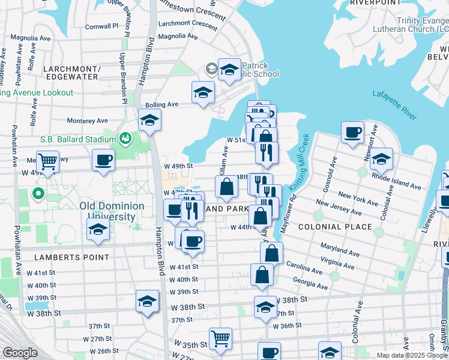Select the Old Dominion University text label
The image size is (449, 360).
[112, 211]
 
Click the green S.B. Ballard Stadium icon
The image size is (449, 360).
[125, 139]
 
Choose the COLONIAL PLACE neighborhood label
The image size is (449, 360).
[335, 227]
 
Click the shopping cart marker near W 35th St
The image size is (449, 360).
[220, 338]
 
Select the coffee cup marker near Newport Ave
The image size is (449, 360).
[352, 131]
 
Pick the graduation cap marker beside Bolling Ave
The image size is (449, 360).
[203, 92]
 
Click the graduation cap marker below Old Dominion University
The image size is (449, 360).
[98, 229]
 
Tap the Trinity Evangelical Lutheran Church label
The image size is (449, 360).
[410, 24]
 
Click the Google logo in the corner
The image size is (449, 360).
[20, 353]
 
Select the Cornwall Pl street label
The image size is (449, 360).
[101, 26]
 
